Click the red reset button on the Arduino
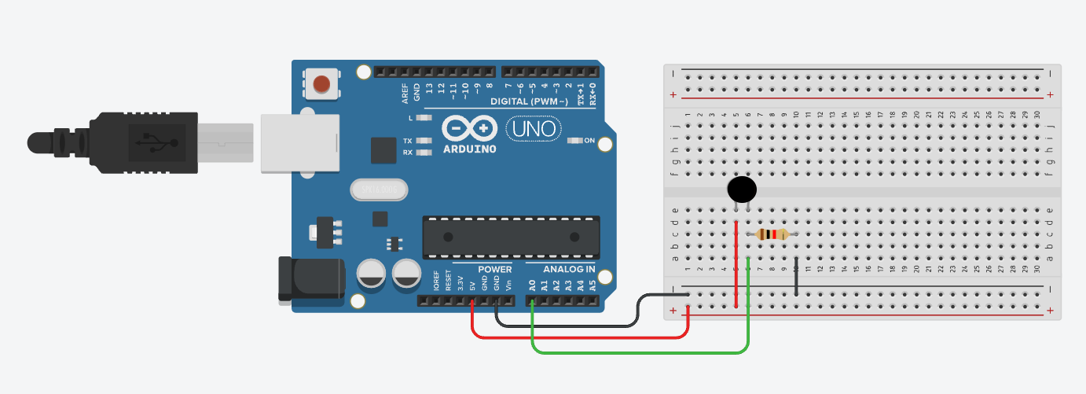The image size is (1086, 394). click(x=322, y=83)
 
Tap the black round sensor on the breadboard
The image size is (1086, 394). click(x=742, y=189)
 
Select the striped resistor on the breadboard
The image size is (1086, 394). click(x=772, y=234)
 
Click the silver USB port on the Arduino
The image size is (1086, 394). click(x=299, y=142)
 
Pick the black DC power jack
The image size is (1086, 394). click(x=311, y=279)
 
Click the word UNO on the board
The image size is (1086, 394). click(x=534, y=127)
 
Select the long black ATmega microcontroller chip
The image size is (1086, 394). click(x=511, y=237)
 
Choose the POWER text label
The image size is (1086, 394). click(x=494, y=270)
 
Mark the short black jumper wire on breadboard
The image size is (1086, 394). click(x=796, y=275)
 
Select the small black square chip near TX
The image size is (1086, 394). click(x=383, y=150)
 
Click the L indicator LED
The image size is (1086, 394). click(x=424, y=117)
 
